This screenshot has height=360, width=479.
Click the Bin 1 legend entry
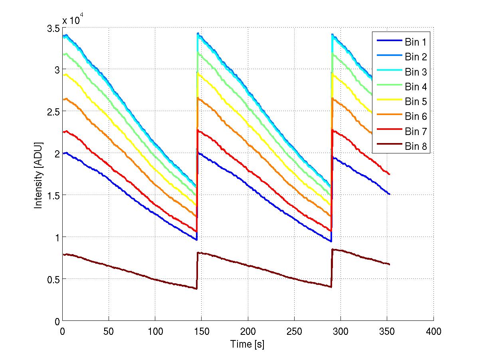[x=416, y=42]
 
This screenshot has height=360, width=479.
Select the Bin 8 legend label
[x=416, y=146]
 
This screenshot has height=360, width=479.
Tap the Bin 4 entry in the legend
[x=416, y=87]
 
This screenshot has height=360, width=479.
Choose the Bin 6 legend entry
[x=416, y=116]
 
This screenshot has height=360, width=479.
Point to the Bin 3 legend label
[x=416, y=72]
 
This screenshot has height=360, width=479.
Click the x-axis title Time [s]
[x=247, y=344]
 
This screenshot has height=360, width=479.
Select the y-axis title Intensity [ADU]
[x=39, y=175]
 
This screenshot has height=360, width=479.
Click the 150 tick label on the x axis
[x=201, y=331]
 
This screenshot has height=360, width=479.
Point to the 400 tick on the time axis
[x=433, y=331]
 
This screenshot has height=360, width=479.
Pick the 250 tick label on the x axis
[x=294, y=331]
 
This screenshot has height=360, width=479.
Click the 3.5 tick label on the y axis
[x=53, y=28]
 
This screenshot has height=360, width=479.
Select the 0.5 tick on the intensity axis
[x=53, y=279]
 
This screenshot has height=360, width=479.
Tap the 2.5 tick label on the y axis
[x=53, y=112]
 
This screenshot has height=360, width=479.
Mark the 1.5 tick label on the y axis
[x=53, y=195]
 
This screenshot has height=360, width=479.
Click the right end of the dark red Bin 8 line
[x=389, y=265]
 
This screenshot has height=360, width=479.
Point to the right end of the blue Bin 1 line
[x=389, y=194]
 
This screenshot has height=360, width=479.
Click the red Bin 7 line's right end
[x=389, y=174]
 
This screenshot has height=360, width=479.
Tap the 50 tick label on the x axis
[x=109, y=331]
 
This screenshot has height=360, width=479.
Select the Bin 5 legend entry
[x=416, y=101]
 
